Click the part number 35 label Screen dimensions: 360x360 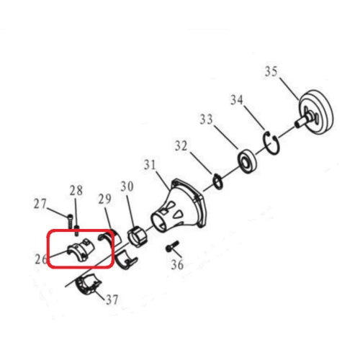271,71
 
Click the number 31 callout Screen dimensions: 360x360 149,166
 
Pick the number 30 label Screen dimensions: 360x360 127,186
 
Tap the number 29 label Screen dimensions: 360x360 105,198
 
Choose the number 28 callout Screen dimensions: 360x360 76,191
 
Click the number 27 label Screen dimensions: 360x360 41,204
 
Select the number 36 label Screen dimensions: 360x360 177,264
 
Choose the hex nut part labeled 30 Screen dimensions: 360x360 135,235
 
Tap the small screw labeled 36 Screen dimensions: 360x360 170,248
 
